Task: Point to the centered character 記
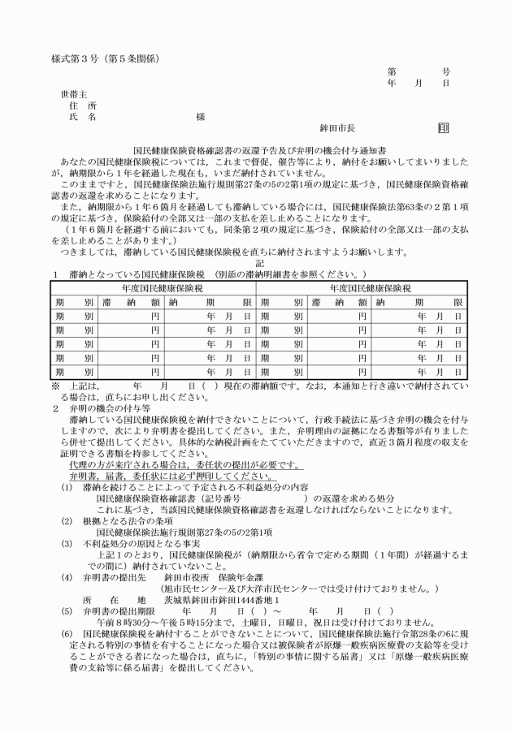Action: (x=259, y=241)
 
